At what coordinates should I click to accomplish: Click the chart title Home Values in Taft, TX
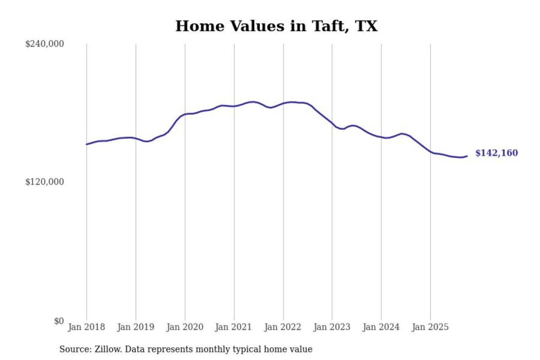(276, 26)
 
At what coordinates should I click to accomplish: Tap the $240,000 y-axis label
(45, 44)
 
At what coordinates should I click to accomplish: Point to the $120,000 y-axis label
(45, 182)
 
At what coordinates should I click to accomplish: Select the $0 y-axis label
(59, 321)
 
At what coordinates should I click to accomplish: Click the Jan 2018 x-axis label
(86, 327)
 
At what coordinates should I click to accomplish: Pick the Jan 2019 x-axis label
(135, 327)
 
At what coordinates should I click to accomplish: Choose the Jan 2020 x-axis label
(184, 327)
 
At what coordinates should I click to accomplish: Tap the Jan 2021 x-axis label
(233, 327)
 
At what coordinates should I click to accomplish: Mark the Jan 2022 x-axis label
(282, 327)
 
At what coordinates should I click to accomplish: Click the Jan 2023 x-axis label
(331, 327)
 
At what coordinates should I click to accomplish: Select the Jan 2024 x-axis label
(381, 327)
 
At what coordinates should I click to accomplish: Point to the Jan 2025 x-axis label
(430, 327)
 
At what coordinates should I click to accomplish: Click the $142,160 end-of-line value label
(496, 153)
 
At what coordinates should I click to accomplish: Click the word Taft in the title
(330, 26)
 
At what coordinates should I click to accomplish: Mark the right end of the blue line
(467, 156)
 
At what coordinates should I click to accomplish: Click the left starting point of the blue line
(87, 144)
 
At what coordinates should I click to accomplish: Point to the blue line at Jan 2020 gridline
(185, 114)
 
